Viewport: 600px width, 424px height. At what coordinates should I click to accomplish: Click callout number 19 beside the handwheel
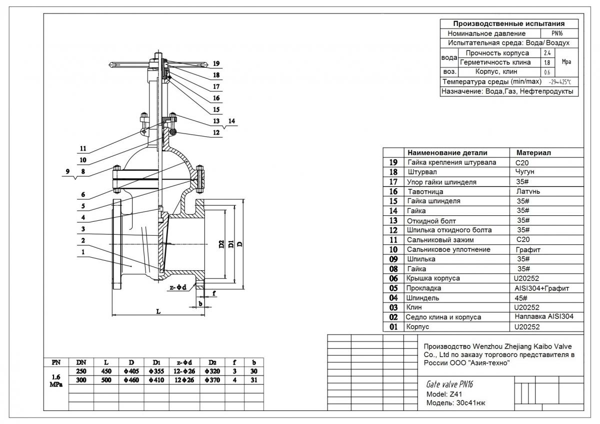click(x=216, y=64)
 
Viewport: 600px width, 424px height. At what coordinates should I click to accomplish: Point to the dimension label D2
click(x=221, y=245)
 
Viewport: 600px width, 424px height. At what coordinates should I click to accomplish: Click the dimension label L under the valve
click(x=158, y=311)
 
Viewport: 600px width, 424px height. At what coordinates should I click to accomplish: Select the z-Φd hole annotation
click(x=178, y=287)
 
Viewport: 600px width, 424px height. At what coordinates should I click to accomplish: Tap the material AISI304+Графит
click(x=541, y=288)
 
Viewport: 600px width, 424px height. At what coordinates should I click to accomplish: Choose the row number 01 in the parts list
click(x=393, y=327)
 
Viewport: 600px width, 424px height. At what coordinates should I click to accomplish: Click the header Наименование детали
click(x=447, y=153)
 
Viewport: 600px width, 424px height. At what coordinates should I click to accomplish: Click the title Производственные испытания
click(x=508, y=23)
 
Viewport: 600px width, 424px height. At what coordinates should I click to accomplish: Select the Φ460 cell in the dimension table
click(x=131, y=380)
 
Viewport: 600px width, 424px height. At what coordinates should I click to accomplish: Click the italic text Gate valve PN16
click(x=449, y=384)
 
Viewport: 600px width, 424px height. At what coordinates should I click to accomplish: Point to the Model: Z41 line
click(x=440, y=394)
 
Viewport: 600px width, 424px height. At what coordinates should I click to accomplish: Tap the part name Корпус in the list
click(x=418, y=327)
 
